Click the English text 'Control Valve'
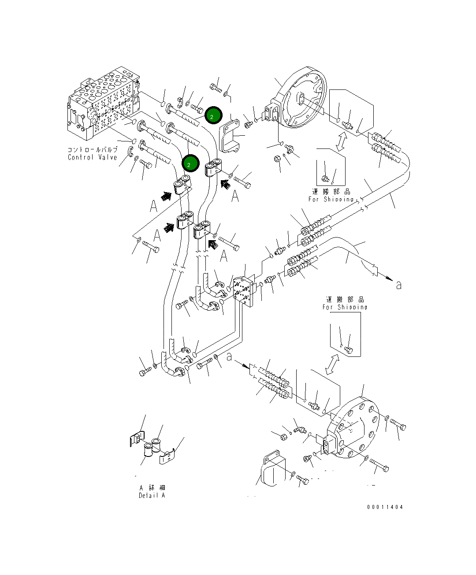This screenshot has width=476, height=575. coord(93,157)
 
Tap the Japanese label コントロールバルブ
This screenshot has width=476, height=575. coord(93,150)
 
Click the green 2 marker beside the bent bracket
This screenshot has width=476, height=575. coord(213,116)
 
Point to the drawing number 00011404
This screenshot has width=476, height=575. coord(385,507)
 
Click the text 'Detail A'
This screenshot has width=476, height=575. coord(152,495)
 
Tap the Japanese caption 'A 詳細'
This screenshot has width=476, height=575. coord(152,488)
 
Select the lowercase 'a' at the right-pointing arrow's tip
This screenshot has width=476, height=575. coord(399,286)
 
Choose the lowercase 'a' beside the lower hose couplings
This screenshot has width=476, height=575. coord(229,357)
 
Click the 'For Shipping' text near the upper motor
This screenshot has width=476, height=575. coord(331,199)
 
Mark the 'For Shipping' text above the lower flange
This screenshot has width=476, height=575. coord(345,307)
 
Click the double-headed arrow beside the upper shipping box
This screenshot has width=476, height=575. coord(340,142)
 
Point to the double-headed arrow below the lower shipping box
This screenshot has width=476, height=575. coord(332,364)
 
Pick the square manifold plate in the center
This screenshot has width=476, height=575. coord(244,291)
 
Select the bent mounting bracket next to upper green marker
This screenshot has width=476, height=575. coord(230,137)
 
